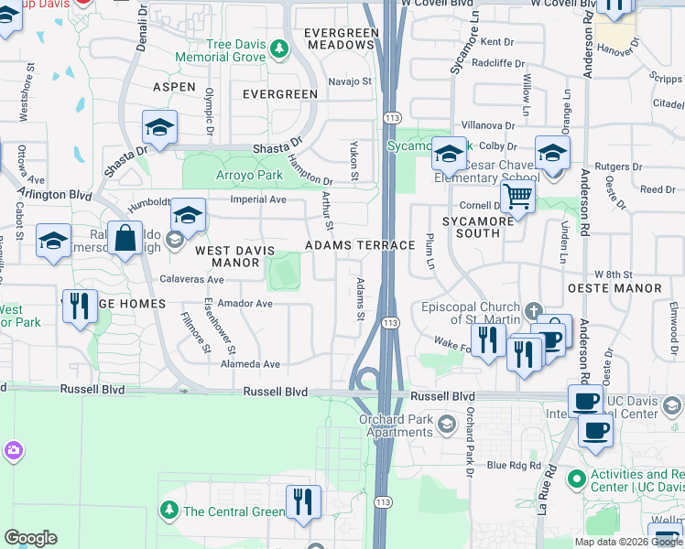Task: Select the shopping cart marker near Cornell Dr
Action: tap(517, 196)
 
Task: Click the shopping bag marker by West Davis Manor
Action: tap(125, 238)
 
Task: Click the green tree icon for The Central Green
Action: tap(169, 510)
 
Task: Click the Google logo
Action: tap(30, 538)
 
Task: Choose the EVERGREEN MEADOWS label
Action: tap(342, 38)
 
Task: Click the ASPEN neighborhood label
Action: tap(173, 87)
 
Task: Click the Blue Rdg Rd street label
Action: tap(515, 466)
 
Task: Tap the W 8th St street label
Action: tap(614, 274)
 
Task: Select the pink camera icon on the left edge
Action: tap(12, 449)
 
